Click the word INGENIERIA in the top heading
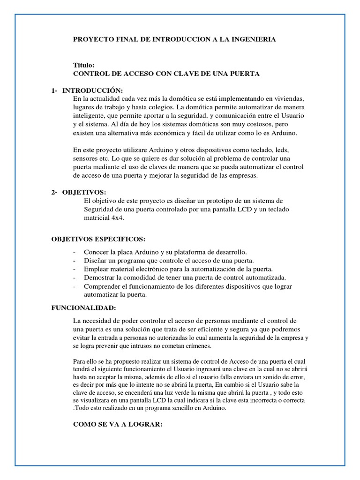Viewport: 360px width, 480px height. click(x=252, y=40)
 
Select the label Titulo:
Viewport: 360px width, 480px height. click(x=84, y=65)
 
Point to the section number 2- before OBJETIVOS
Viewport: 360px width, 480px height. click(x=54, y=192)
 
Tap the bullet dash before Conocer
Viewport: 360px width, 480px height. click(x=75, y=252)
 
